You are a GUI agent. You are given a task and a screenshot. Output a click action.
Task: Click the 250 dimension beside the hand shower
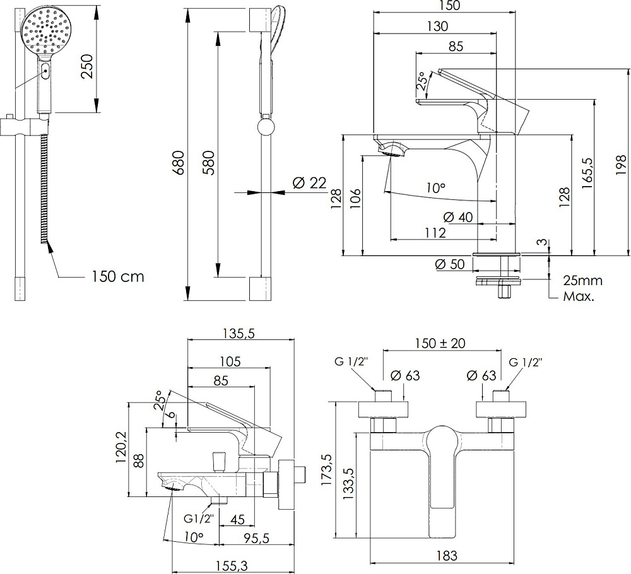coord(88,66)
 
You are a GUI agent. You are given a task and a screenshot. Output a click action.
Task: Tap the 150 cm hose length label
coord(117,276)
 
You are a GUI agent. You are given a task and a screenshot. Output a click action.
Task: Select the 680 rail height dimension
coord(178,163)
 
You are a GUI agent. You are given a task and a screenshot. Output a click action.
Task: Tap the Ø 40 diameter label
coord(458,217)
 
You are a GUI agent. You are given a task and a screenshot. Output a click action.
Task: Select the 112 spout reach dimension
coord(435,233)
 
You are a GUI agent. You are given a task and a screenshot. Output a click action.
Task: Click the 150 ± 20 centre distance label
coord(442,344)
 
